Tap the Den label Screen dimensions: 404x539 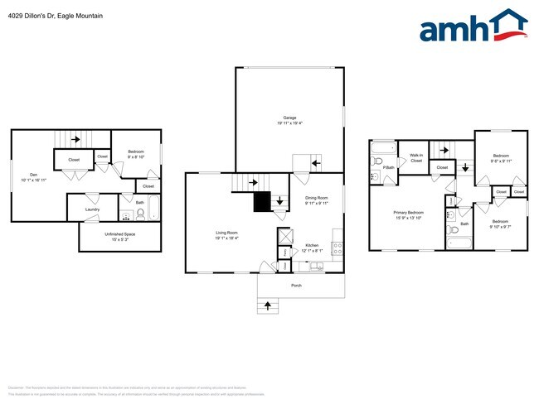[x=33, y=174]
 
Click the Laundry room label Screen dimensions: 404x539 [x=92, y=209]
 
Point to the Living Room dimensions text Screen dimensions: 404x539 [x=226, y=238]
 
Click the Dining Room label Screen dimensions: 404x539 [x=317, y=197]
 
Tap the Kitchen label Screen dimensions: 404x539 [x=312, y=245]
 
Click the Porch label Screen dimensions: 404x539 [x=296, y=286]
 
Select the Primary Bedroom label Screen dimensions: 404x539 [x=408, y=212]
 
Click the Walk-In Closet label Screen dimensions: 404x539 [x=416, y=158]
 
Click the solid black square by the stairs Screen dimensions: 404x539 [x=262, y=201]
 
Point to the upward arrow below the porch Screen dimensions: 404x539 [x=267, y=306]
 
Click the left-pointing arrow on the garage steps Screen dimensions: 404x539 [x=315, y=164]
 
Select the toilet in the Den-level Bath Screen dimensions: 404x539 [x=141, y=214]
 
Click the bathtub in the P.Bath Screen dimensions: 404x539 [x=384, y=150]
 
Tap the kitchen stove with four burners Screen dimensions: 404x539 [x=337, y=246]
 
